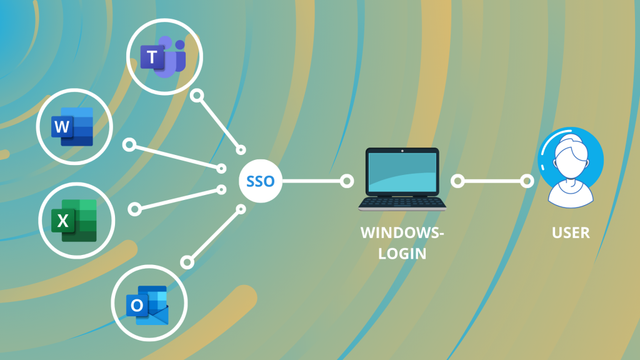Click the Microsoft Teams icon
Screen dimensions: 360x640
[x=164, y=57]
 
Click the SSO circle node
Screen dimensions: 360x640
[x=261, y=181]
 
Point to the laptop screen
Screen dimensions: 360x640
[x=402, y=172]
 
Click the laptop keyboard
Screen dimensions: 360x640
[x=402, y=202]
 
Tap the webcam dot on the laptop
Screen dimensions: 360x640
[x=402, y=151]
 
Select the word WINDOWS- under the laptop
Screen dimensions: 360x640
[x=402, y=233]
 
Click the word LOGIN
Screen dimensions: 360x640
[x=402, y=254]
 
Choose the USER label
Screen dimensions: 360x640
[x=571, y=233]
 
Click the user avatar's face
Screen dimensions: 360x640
[x=571, y=155]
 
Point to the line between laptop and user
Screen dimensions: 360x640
[x=492, y=181]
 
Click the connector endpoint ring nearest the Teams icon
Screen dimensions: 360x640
[x=197, y=96]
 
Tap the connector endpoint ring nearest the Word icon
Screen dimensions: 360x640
[x=129, y=145]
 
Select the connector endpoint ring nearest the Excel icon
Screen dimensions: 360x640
[x=133, y=208]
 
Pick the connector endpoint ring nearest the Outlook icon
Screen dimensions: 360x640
[x=186, y=260]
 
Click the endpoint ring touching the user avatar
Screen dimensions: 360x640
[x=527, y=181]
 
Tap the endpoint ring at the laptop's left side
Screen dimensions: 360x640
[x=347, y=181]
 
